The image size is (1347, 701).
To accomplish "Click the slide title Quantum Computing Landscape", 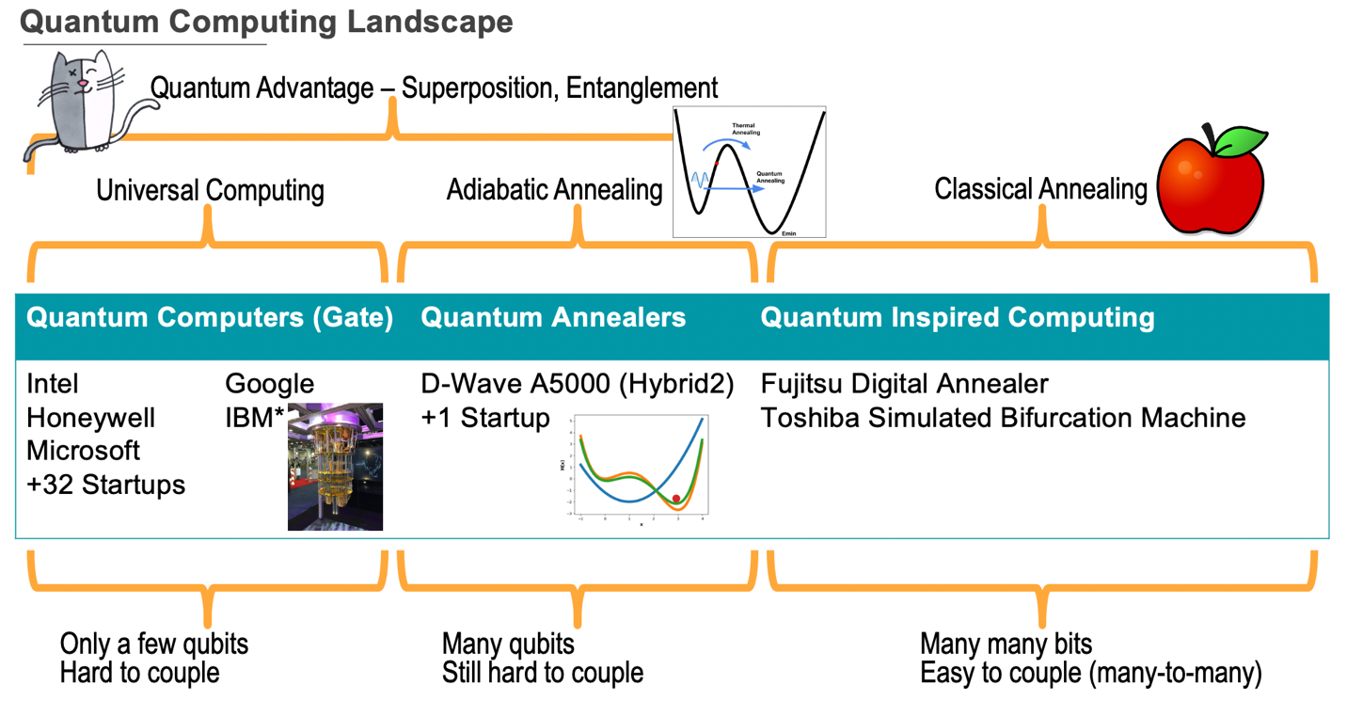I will [x=266, y=21].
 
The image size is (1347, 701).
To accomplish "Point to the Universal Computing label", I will [x=210, y=190].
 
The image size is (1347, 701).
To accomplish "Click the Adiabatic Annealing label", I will [x=554, y=189].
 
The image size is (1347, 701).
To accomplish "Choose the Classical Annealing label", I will [x=1040, y=189].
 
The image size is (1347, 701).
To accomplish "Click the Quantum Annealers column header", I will [x=553, y=317].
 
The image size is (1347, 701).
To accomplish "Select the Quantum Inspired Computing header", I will [x=957, y=317].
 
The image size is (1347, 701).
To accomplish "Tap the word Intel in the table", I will [x=53, y=384].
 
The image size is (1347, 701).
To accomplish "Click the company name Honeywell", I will [x=90, y=418].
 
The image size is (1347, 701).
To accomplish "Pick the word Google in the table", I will [x=269, y=384].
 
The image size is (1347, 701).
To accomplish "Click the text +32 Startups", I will [x=105, y=486].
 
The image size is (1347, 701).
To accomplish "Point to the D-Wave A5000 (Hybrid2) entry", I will [x=578, y=384].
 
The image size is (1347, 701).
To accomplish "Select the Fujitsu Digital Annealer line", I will [x=904, y=384].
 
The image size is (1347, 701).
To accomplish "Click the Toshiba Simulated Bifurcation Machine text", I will [x=1003, y=418].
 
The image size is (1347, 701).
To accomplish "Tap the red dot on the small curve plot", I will [x=675, y=499].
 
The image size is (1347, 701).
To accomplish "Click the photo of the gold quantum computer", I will [x=335, y=468].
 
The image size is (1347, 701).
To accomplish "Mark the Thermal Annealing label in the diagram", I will [x=744, y=129].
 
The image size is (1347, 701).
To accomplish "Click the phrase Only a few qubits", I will [x=154, y=644].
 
